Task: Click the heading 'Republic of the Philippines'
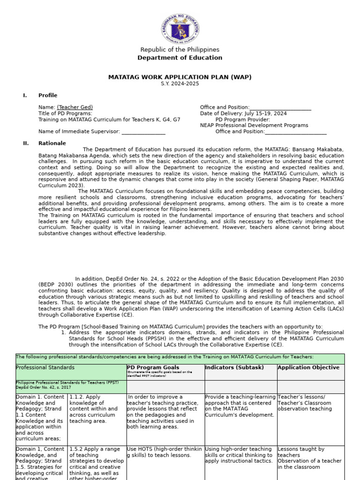(x=180, y=50)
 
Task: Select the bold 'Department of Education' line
(x=180, y=58)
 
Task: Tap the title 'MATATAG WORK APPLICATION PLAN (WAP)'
(x=180, y=76)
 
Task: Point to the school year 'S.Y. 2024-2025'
(x=180, y=83)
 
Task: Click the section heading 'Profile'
(x=48, y=96)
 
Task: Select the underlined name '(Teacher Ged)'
(x=75, y=107)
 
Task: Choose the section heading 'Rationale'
(x=52, y=143)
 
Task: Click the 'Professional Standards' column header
(x=45, y=367)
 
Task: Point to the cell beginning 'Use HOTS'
(x=165, y=452)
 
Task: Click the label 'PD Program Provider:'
(x=243, y=120)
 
